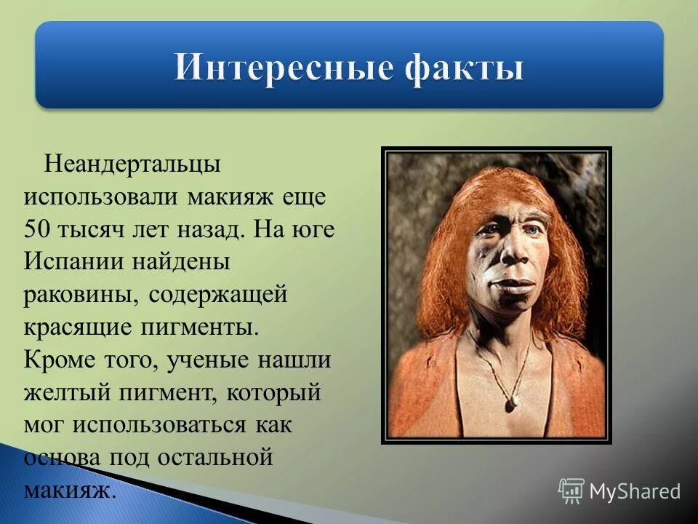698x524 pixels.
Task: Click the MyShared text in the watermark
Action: [x=635, y=491]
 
